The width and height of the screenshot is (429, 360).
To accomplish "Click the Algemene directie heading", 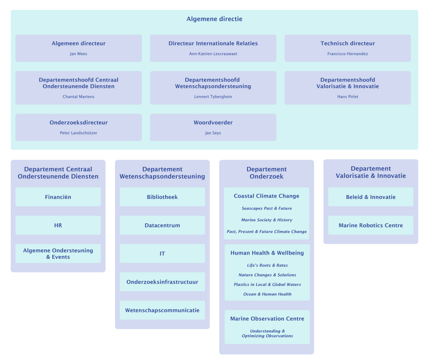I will click(214, 19).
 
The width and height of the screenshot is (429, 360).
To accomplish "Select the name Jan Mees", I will click(79, 54).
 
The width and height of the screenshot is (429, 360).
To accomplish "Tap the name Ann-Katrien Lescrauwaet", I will click(213, 54).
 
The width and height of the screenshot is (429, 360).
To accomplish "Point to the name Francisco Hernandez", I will click(347, 54).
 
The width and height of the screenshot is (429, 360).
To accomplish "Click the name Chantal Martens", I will click(79, 97).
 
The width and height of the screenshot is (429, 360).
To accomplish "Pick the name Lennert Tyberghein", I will click(213, 97).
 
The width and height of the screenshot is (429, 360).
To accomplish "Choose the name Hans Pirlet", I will click(347, 97).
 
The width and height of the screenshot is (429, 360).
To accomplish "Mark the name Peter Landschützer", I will click(79, 133).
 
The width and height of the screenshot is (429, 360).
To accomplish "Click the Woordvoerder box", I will click(213, 127).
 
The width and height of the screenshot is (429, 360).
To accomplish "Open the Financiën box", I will click(58, 197).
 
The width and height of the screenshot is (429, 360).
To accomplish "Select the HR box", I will click(58, 225).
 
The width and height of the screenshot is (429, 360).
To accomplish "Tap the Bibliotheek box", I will click(162, 197).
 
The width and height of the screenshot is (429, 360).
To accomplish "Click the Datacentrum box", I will click(162, 225).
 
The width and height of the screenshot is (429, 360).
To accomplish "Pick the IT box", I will click(162, 254).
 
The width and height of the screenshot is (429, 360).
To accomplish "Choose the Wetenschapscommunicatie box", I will click(162, 310).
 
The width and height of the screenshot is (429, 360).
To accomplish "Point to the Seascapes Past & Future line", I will click(266, 209).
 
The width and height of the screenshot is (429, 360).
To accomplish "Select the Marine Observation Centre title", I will click(267, 319).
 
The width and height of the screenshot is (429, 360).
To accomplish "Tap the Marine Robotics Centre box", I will click(371, 225).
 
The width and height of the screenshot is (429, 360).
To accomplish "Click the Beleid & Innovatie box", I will click(371, 197).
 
